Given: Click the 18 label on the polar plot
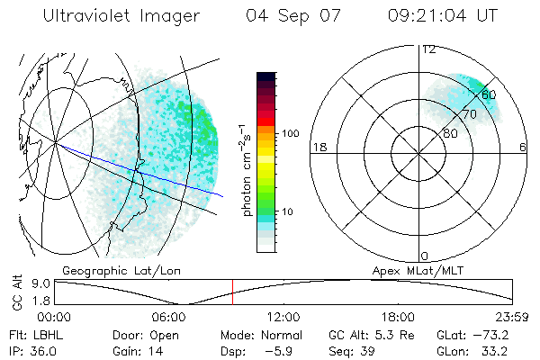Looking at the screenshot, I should pyautogui.click(x=318, y=147).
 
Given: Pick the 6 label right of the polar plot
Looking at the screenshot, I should pyautogui.click(x=524, y=147).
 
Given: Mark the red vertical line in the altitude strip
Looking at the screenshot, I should pyautogui.click(x=232, y=292).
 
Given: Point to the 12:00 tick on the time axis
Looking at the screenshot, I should pyautogui.click(x=283, y=317).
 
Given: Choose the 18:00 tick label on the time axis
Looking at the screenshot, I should pyautogui.click(x=398, y=317).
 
